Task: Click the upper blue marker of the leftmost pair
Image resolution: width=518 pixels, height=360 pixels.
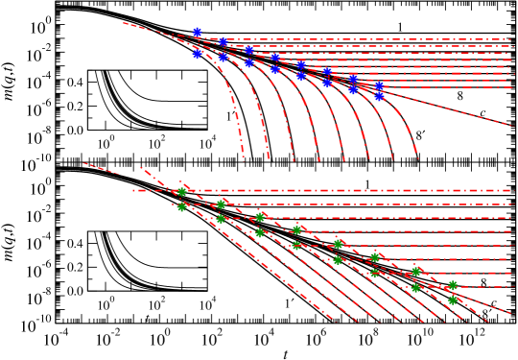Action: point(197,32)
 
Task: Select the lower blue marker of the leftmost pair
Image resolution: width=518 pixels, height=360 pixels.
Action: point(197,54)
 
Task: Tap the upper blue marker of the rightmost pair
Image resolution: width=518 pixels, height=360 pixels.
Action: point(379,85)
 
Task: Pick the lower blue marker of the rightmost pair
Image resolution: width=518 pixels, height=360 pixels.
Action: point(379,96)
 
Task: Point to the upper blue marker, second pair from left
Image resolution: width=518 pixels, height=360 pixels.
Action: point(223,41)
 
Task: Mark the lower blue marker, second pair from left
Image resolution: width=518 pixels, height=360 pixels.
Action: point(223,57)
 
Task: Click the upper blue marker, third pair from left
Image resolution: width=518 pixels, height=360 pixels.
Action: point(248,49)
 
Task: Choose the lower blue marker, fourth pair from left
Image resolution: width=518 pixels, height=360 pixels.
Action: point(274,69)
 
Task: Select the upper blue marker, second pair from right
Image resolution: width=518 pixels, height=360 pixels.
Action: point(353,79)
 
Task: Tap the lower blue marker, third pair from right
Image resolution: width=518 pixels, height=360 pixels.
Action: point(327,83)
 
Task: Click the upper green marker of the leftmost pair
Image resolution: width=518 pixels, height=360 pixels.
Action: point(181,191)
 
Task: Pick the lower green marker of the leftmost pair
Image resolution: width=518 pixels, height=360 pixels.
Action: point(181,206)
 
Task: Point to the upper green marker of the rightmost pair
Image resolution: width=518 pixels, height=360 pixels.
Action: point(453,285)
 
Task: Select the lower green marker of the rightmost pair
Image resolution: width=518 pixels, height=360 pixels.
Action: point(453,300)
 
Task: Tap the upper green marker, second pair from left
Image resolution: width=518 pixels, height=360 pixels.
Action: point(221,204)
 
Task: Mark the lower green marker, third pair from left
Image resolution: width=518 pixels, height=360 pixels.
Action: point(259,232)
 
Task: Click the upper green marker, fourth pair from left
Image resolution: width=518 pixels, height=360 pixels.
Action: point(296,229)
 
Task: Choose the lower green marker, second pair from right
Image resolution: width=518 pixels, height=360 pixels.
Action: point(416,287)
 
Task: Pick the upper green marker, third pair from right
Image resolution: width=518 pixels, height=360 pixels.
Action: point(375,257)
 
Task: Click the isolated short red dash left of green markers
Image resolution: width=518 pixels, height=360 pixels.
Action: point(101,168)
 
